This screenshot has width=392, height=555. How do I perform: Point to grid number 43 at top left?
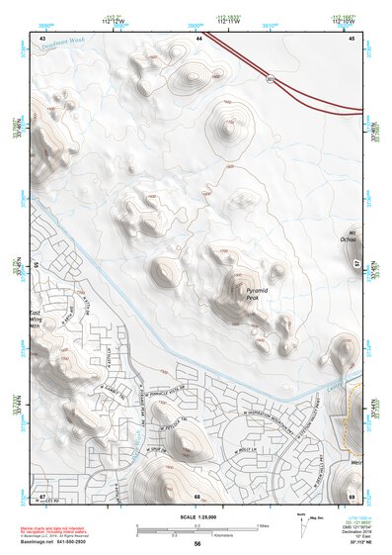pos(42,37)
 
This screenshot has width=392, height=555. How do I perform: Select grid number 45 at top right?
pos(352,37)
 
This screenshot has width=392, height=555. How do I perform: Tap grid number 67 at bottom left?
pos(42,496)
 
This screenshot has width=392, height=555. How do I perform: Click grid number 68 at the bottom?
pos(197,496)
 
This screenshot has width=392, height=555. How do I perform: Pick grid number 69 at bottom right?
pos(352,496)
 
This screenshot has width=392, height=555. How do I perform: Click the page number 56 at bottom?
pos(197,543)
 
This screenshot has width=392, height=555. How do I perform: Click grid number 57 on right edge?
pos(356,264)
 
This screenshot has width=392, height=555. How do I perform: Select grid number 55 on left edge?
pos(37,265)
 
